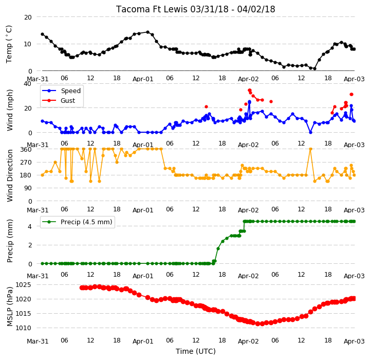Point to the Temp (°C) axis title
[x=9, y=44]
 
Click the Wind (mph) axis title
[x=10, y=110]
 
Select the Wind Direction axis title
[x=10, y=175]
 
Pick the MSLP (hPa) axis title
[x=10, y=307]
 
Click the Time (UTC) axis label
[x=196, y=351]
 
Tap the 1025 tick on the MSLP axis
[x=23, y=284]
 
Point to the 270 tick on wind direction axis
[x=27, y=163]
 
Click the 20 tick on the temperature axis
[x=28, y=17]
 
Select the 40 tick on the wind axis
[x=27, y=84]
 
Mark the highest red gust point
[x=249, y=90]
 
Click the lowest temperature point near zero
[x=314, y=69]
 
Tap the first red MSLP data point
[x=82, y=287]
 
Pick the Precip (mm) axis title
[x=10, y=241]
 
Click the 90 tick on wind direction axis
[x=28, y=188]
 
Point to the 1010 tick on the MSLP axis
[x=23, y=328]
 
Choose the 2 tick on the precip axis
[x=30, y=245]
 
